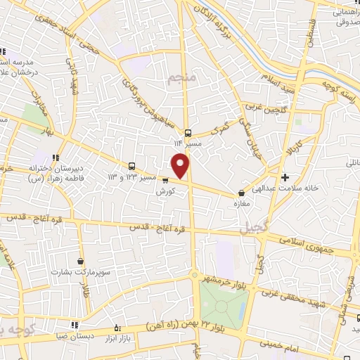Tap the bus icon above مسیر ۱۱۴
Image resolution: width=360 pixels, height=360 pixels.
click(x=188, y=133)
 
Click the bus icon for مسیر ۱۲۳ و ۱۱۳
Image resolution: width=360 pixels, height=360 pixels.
click(x=133, y=166)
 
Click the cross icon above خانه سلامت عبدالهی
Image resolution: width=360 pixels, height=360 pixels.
click(x=285, y=177)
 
